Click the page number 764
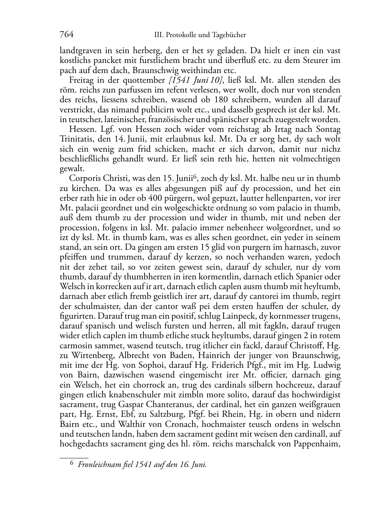click(66, 35)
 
